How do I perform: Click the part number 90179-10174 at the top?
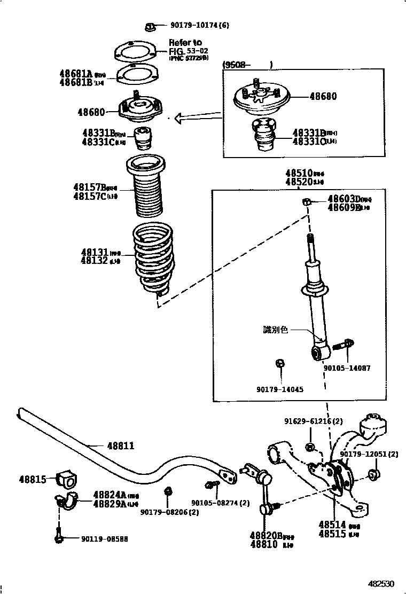tap(200, 25)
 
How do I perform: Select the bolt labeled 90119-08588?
tap(58, 536)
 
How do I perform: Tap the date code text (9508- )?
tap(247, 65)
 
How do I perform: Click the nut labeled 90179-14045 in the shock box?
tap(279, 364)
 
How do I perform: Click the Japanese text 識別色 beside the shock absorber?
tap(275, 330)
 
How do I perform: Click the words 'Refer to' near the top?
tap(185, 43)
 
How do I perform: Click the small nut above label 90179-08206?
tap(167, 490)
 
